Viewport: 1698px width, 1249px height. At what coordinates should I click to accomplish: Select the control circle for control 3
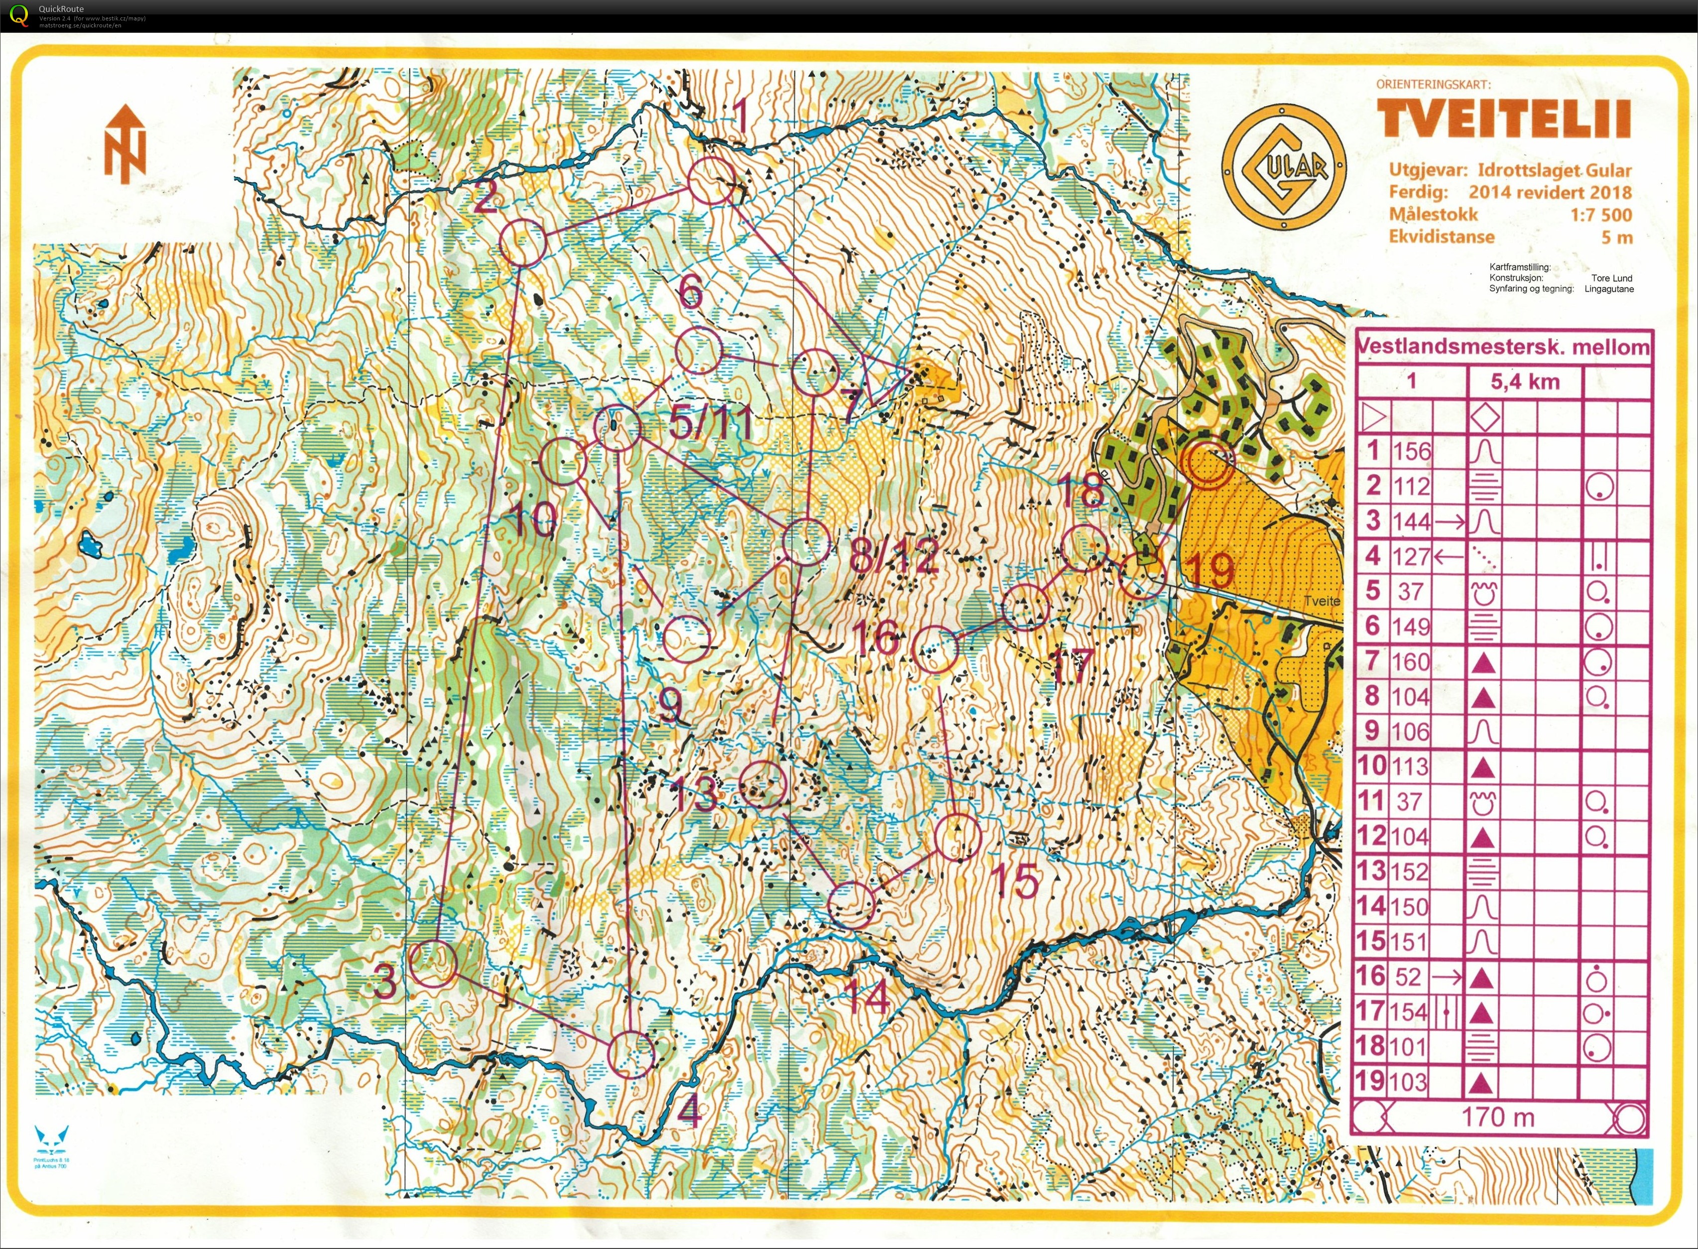434,964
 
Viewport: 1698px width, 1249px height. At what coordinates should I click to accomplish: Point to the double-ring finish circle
1208,461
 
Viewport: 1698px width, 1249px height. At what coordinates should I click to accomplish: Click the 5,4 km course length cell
1525,382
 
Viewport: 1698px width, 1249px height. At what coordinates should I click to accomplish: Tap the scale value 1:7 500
1600,215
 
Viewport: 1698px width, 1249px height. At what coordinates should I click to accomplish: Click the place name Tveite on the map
1321,601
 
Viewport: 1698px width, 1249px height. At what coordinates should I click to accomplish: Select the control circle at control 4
630,1054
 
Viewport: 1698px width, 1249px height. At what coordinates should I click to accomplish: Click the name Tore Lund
1611,278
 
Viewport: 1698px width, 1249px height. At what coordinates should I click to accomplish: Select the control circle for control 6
697,351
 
